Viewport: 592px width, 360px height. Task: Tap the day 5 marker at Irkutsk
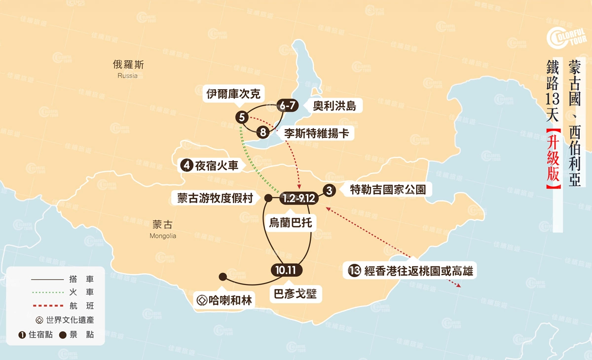(x=241, y=117)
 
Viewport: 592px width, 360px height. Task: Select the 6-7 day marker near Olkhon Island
(x=288, y=106)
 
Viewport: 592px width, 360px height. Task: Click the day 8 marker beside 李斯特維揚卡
(x=263, y=132)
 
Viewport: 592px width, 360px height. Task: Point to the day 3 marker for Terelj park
(x=330, y=190)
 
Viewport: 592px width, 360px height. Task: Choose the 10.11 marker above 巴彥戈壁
(x=286, y=270)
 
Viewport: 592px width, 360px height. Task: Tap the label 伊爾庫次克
(x=233, y=94)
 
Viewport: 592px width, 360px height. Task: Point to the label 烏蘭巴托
(x=290, y=222)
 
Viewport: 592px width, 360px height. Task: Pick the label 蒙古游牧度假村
(x=215, y=198)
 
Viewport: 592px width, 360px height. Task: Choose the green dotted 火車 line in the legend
(x=47, y=292)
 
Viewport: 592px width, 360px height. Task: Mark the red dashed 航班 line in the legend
(x=47, y=306)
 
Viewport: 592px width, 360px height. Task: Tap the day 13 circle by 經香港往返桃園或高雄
(x=354, y=270)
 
